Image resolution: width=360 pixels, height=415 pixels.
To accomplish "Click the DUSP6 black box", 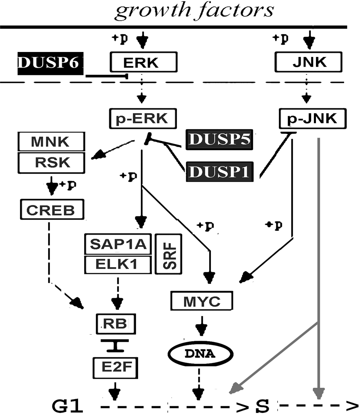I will [x=51, y=63].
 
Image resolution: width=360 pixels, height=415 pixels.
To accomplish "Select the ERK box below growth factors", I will [x=143, y=62].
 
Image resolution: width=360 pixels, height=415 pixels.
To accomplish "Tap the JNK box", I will [x=308, y=62].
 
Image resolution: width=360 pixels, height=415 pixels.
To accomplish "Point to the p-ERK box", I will [x=143, y=119].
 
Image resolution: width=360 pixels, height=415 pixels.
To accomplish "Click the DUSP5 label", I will [x=220, y=140].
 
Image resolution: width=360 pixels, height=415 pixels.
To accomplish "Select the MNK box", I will [x=51, y=141].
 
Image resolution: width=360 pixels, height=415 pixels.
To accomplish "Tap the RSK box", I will [x=51, y=162].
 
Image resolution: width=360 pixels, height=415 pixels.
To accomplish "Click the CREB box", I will [x=51, y=209].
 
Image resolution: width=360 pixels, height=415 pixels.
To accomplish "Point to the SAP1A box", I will [x=118, y=244].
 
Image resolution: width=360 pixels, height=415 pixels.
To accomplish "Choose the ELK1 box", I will [x=118, y=265].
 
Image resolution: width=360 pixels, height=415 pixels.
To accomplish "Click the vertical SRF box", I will [x=169, y=254].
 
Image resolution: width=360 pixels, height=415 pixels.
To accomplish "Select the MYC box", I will [x=202, y=301].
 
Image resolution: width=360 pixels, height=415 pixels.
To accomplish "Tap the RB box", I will [x=115, y=324].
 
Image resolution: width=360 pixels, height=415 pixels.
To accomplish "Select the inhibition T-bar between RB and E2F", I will [x=114, y=346].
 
